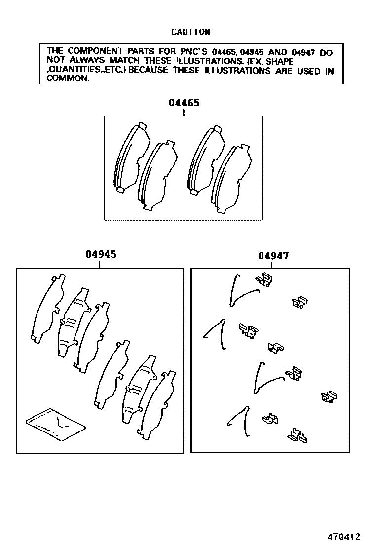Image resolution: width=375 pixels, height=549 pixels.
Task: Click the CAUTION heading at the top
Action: [x=190, y=32]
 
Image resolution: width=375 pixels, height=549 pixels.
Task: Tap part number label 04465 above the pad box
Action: [x=184, y=103]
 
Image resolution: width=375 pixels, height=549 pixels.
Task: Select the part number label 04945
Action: [x=101, y=254]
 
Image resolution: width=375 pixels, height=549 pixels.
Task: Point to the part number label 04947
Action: [x=273, y=256]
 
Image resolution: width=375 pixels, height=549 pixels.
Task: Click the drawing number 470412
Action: [x=344, y=536]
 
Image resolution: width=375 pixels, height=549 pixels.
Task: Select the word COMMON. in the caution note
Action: [x=68, y=78]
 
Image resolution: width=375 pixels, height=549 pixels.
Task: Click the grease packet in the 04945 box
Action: [x=56, y=423]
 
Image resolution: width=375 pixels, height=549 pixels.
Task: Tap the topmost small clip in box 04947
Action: [x=264, y=279]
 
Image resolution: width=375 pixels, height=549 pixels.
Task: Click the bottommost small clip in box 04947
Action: [x=298, y=436]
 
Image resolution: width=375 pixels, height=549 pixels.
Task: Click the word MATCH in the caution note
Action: [x=124, y=61]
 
